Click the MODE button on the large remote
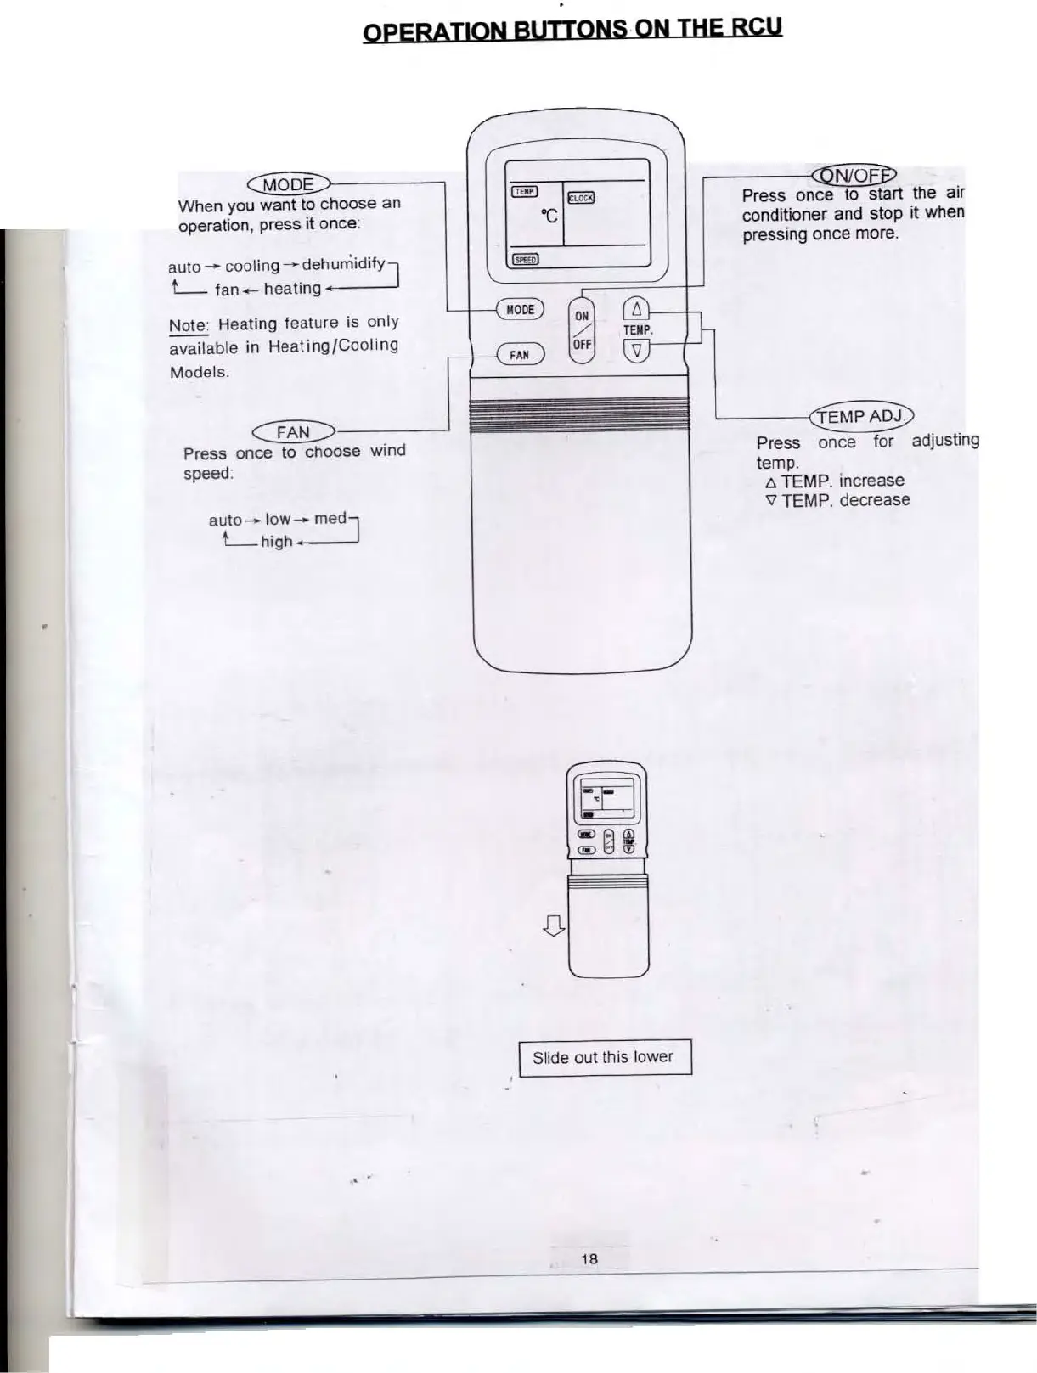coord(520,310)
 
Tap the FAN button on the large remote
coord(519,355)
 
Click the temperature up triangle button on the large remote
coord(637,310)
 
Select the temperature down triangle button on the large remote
coord(638,350)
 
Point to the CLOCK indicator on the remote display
coord(581,198)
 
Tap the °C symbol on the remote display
coord(549,217)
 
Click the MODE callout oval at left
coord(289,184)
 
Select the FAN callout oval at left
coord(292,431)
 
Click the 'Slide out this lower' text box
coord(605,1057)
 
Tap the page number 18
coord(589,1258)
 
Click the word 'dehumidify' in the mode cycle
coord(343,263)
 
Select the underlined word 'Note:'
coord(189,326)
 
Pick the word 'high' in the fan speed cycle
coord(276,542)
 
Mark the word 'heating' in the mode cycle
coord(292,289)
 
